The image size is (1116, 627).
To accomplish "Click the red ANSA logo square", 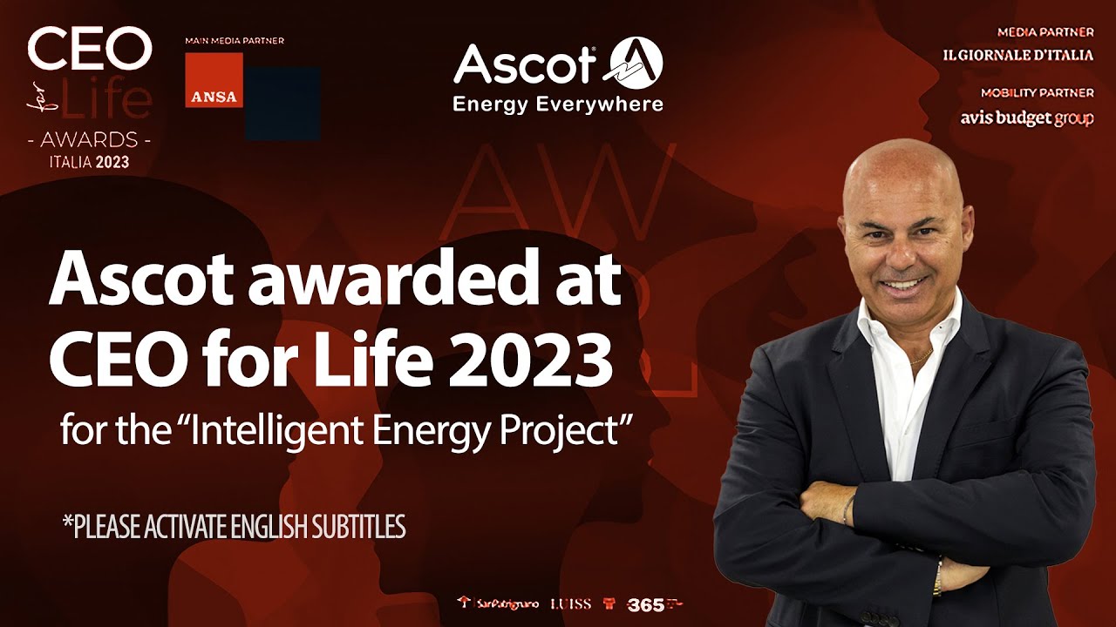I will (214, 80).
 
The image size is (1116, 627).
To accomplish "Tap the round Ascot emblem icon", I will (635, 65).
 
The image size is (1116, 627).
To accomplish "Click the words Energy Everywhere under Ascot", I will (558, 104).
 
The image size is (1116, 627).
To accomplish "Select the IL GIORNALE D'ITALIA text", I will (1017, 55).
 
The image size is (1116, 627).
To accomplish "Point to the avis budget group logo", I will (1026, 118).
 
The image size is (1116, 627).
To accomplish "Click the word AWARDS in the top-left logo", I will (88, 139).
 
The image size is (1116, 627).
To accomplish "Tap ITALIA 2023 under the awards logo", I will (88, 161).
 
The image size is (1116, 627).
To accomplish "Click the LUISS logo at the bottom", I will (570, 603).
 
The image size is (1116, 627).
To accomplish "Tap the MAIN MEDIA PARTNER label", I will (235, 41).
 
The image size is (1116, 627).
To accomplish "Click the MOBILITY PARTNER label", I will (1037, 92).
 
